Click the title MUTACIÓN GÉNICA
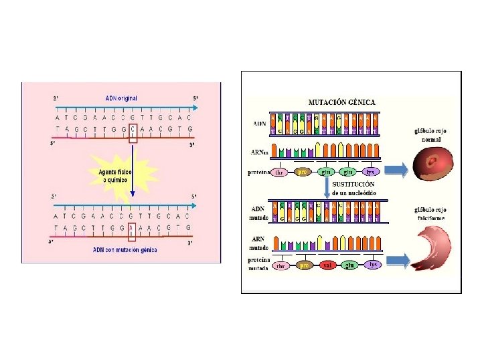pos(341,102)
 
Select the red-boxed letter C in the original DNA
pos(133,128)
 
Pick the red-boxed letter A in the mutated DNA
pos(132,227)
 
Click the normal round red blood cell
pos(432,164)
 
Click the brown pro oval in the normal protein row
pos(302,172)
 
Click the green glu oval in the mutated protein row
pos(349,265)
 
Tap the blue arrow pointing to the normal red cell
pos(396,171)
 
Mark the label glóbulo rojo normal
pos(431,136)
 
